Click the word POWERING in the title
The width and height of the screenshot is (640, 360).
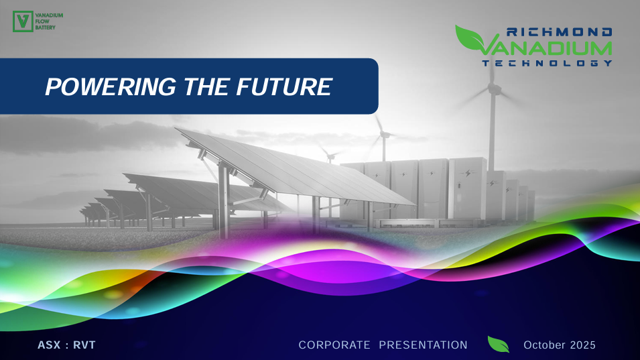click(111, 86)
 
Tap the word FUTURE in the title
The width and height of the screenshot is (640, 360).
click(284, 86)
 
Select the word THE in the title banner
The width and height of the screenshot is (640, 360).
click(206, 86)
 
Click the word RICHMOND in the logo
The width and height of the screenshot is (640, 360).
click(559, 32)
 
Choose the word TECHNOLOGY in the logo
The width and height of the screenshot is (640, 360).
click(548, 63)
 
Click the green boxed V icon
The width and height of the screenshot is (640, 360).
click(23, 21)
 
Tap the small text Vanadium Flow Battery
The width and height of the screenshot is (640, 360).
click(49, 21)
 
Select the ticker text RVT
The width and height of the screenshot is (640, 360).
click(84, 345)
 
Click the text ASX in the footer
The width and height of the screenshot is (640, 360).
click(49, 345)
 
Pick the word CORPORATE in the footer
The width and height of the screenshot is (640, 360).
click(334, 345)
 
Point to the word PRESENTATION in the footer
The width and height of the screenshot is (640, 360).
click(424, 345)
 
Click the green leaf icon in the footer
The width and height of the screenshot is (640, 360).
click(499, 345)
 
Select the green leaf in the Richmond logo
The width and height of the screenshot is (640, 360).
click(469, 38)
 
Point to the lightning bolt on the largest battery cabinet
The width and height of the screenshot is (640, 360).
click(468, 174)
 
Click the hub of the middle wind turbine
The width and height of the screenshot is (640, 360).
click(383, 133)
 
